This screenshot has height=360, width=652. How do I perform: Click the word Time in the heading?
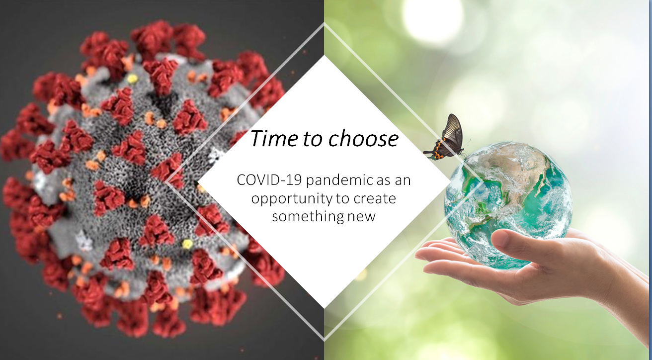[x=274, y=138]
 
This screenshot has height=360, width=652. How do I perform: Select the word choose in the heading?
[x=364, y=138]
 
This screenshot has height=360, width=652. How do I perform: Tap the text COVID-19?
[x=269, y=180]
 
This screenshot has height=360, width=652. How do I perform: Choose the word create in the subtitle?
[x=375, y=198]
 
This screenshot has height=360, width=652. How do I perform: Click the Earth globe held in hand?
[x=508, y=205]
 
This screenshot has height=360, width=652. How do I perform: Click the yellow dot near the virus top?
[x=132, y=79]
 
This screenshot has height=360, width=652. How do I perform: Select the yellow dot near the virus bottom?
[x=187, y=244]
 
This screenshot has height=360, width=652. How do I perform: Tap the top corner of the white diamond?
[x=324, y=55]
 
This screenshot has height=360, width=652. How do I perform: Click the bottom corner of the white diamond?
[x=324, y=308]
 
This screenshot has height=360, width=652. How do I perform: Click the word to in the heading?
[x=313, y=139]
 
